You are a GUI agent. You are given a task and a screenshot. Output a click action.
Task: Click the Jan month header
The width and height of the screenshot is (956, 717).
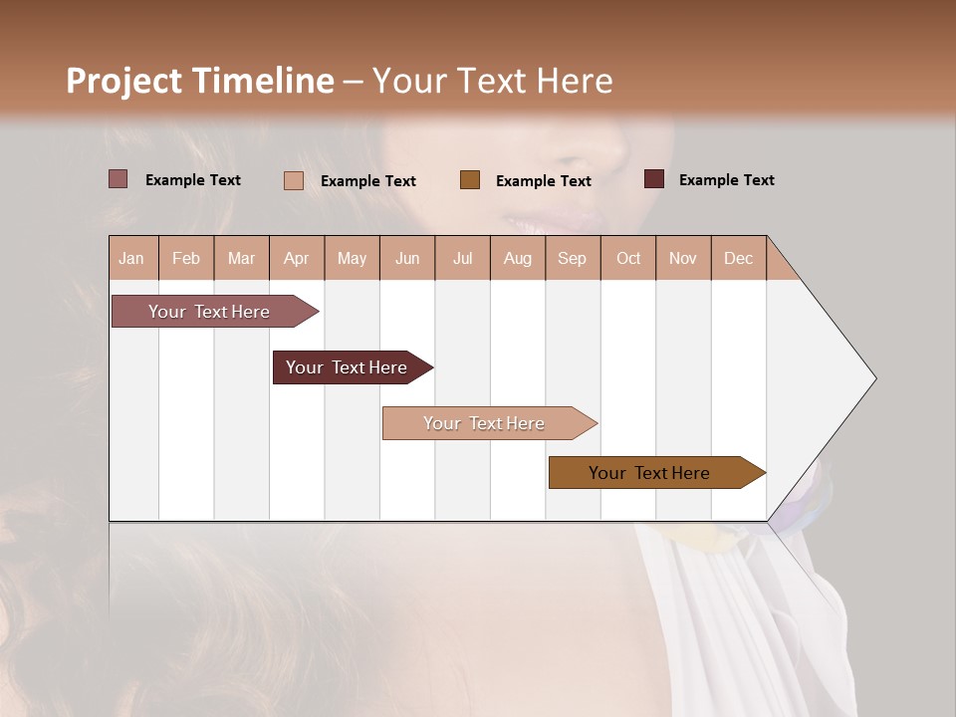tap(131, 258)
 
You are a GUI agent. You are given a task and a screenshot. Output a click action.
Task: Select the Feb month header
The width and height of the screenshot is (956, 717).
tap(186, 258)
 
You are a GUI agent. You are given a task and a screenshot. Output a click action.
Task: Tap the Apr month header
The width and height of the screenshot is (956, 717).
tap(296, 258)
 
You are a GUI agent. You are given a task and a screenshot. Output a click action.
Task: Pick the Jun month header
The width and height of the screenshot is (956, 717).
tap(407, 258)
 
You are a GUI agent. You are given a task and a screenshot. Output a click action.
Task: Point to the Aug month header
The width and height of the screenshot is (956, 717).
tap(517, 258)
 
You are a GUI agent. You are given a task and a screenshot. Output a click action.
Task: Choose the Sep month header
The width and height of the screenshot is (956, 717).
tap(572, 258)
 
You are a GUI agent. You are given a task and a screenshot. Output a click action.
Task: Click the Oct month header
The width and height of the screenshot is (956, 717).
tap(628, 258)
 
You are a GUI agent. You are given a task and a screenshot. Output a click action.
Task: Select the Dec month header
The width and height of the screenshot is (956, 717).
tap(738, 258)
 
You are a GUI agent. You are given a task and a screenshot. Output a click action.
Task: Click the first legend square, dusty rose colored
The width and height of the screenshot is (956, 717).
tap(118, 179)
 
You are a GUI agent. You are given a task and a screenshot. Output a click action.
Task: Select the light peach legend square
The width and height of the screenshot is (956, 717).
tap(293, 180)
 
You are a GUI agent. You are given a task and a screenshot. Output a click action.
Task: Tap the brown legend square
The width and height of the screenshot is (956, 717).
tap(470, 180)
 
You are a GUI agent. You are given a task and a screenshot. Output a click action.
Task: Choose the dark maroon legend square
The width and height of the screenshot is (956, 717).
tap(653, 179)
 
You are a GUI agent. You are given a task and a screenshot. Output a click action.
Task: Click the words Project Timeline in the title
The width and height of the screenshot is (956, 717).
tap(199, 81)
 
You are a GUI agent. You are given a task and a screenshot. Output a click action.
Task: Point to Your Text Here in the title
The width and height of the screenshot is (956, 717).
tap(492, 81)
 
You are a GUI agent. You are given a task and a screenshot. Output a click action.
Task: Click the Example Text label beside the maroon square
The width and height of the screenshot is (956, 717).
tap(726, 180)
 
